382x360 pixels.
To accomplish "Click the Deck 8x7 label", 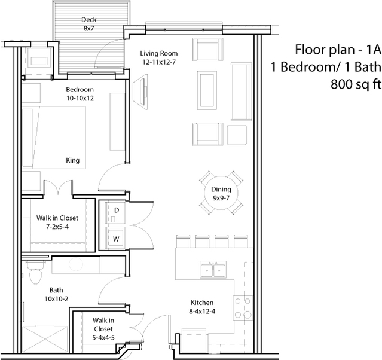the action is (88, 24).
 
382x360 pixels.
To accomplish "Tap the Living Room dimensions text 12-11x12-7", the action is (159, 62).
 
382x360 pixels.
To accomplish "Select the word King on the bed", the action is (72, 160).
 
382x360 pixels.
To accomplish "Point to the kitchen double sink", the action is (213, 270).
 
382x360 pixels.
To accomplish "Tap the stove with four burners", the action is (243, 308).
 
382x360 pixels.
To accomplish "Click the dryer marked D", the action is (115, 213).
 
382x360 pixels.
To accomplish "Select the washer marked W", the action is (115, 238).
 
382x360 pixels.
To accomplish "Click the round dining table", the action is (221, 193).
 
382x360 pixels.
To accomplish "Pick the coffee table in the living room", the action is (207, 90).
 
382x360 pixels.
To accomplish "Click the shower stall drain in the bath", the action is (45, 339).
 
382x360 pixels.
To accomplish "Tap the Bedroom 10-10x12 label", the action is (80, 94).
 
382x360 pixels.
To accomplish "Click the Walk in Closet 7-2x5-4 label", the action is (57, 222).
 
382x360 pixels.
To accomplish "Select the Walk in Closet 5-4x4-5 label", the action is (103, 329).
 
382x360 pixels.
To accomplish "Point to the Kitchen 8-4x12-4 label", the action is (202, 307).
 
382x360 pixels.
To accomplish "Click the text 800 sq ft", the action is (356, 84).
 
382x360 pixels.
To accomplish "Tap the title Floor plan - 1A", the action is (338, 50).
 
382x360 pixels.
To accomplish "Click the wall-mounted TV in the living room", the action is (140, 92).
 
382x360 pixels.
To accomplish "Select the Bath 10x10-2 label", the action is (56, 294).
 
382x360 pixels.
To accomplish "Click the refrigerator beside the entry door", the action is (194, 340).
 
